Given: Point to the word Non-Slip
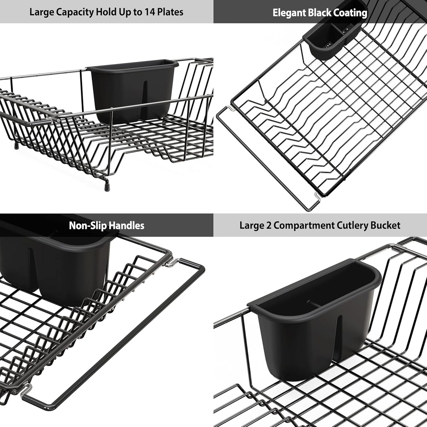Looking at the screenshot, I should pos(84,226).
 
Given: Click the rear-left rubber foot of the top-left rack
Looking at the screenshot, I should pos(17,146).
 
